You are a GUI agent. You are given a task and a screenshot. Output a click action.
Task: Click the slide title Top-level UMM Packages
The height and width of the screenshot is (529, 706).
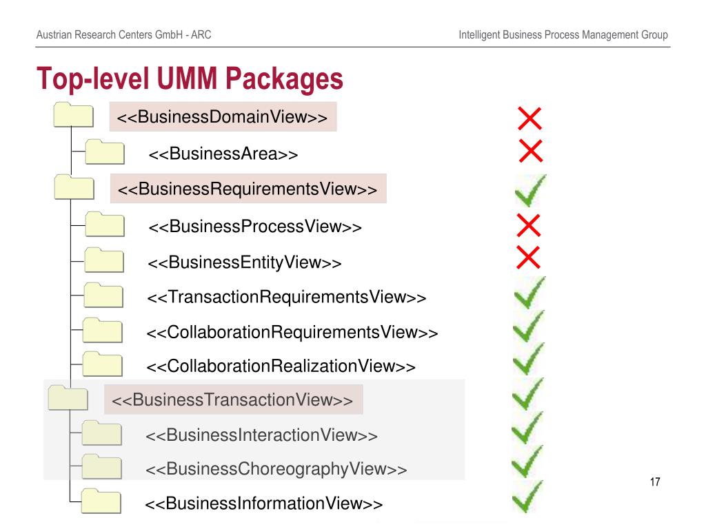click(190, 79)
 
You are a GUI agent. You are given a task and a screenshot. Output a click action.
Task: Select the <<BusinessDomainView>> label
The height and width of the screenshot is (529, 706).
click(222, 116)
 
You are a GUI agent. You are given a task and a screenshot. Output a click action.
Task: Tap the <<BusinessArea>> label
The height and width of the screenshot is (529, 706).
click(223, 154)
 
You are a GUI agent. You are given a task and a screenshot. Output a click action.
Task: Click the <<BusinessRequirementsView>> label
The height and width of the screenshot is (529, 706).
click(248, 188)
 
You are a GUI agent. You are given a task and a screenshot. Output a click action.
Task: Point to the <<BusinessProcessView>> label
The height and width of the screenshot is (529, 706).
click(254, 226)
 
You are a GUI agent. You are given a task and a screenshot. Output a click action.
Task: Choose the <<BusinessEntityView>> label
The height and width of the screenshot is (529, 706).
click(245, 262)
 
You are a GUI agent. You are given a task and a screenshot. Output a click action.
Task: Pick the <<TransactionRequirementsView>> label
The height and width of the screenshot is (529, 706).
click(286, 297)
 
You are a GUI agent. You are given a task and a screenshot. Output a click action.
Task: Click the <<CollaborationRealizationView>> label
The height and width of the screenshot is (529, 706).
click(281, 366)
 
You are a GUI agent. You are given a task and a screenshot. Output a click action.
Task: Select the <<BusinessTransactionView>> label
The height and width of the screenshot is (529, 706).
click(232, 400)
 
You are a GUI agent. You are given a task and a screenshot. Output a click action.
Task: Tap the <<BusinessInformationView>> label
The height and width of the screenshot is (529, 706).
click(263, 503)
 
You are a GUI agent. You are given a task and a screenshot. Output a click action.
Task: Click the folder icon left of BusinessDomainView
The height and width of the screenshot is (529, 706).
click(73, 115)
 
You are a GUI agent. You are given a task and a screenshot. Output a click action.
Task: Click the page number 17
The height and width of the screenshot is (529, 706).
click(655, 482)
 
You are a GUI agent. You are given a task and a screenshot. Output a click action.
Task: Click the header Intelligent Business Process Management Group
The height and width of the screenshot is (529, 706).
click(563, 34)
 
